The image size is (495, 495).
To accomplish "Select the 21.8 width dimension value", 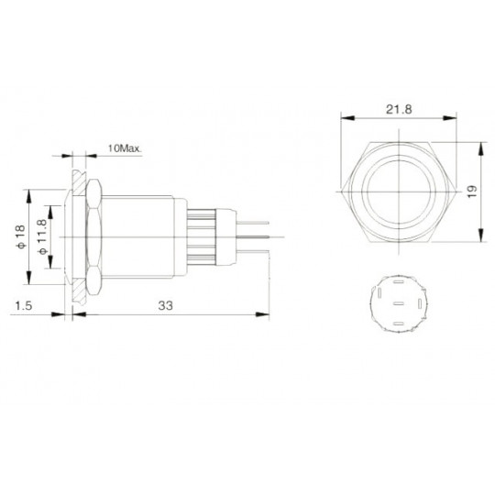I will [397, 109].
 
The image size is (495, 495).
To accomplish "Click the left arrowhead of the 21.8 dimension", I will [344, 119].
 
